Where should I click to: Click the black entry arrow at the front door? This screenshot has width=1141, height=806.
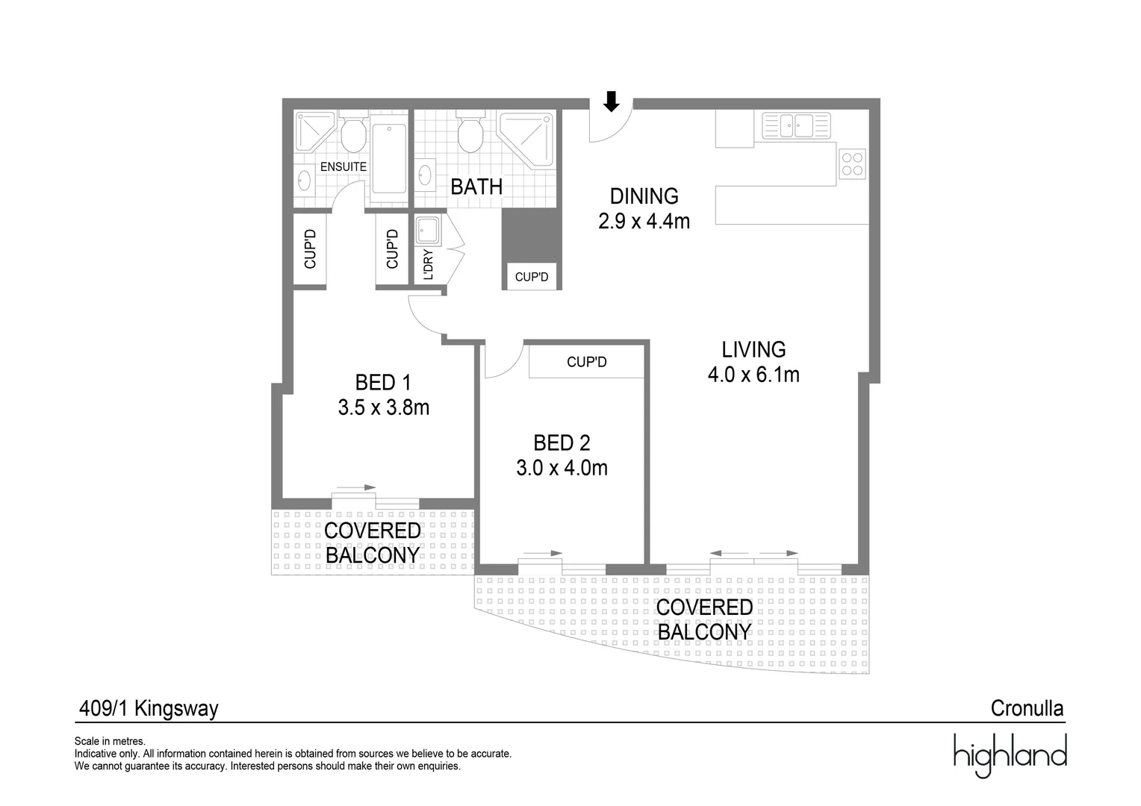point(612,101)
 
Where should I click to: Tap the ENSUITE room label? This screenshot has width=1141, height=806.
point(343,167)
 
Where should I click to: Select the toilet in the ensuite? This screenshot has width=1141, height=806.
point(352,135)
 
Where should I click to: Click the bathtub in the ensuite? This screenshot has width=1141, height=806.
point(389,158)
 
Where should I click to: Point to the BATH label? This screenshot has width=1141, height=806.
point(476,187)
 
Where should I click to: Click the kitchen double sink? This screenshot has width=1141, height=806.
point(796,125)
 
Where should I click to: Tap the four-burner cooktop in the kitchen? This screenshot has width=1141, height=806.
point(852,164)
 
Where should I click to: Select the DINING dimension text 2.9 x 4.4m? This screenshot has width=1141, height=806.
point(644,222)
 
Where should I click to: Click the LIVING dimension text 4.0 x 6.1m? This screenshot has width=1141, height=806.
point(753,375)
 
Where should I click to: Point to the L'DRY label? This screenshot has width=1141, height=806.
point(429,265)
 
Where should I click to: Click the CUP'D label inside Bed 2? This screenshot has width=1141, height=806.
point(586,363)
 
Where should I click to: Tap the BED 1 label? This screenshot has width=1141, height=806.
point(383,383)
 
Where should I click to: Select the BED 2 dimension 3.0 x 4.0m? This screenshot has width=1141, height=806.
point(562,468)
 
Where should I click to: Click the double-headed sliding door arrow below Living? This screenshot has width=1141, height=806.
point(753,554)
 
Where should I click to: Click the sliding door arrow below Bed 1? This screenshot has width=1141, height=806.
point(355,487)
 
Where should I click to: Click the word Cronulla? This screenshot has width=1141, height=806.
point(1027,708)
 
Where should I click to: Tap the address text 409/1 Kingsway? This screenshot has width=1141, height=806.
point(149,708)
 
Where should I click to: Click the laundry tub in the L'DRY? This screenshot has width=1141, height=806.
point(429,231)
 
